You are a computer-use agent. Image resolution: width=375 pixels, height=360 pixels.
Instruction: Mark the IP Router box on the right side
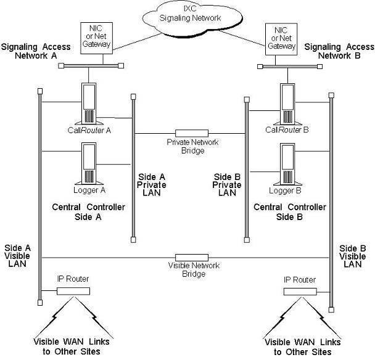pyautogui.click(x=300, y=291)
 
